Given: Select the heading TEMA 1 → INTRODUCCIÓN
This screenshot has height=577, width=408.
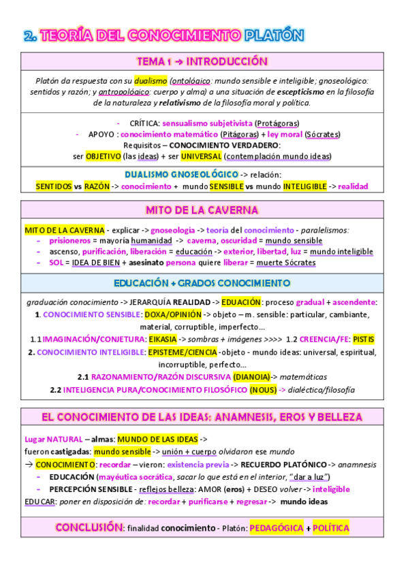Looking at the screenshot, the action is coord(202,61).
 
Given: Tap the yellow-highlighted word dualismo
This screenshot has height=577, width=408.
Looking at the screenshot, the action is coord(150,80).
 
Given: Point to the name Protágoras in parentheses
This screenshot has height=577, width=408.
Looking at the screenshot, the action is coord(277,123).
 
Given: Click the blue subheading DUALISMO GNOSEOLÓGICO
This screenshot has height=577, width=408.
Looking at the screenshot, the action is coord(182,174).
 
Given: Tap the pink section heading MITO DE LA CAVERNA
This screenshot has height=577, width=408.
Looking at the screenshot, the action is coord(202,210).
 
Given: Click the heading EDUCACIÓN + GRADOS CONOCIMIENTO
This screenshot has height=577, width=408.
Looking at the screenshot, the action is coord(202,282).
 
